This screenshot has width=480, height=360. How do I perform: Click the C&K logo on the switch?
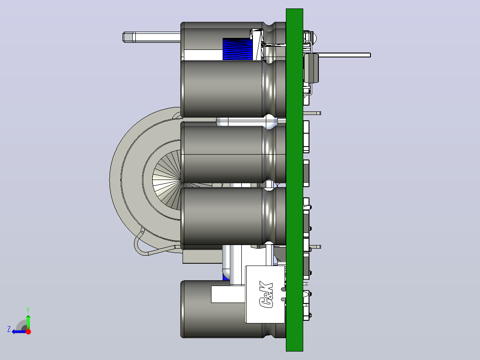click(x=266, y=295)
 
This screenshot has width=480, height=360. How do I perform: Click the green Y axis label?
click(x=28, y=310)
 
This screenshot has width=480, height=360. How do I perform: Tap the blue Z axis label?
click(x=9, y=329)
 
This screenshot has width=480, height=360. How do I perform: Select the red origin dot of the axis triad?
click(x=28, y=331)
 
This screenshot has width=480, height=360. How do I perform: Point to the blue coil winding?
click(x=238, y=49)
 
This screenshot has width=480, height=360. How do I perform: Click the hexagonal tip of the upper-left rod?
click(x=128, y=37)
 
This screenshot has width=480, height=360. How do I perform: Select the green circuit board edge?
click(x=294, y=180)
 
